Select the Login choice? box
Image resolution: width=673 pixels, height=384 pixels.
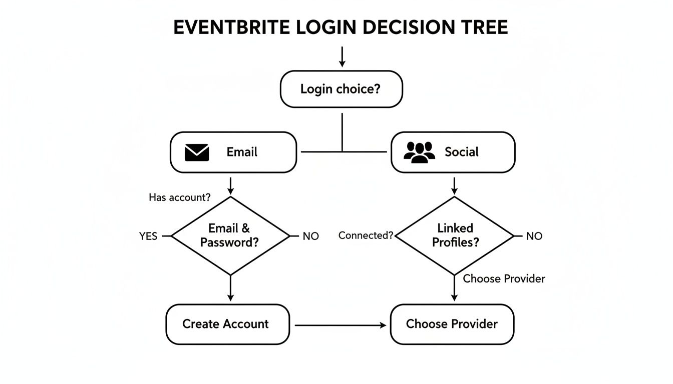(x=342, y=89)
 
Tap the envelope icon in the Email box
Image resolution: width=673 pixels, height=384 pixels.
(x=197, y=152)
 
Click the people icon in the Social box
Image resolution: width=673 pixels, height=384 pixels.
(x=419, y=152)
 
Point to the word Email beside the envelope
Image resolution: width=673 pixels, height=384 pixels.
(x=242, y=152)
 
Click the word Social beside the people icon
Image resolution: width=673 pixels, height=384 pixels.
(x=461, y=152)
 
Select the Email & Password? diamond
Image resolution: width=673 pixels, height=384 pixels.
(x=230, y=235)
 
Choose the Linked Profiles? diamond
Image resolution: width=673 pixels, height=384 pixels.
(x=455, y=235)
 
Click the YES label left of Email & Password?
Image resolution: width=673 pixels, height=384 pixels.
(x=148, y=236)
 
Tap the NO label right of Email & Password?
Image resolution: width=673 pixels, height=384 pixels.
(x=310, y=236)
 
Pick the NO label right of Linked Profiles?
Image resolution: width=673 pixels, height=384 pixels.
(x=534, y=236)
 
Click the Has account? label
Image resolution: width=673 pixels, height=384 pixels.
(x=180, y=197)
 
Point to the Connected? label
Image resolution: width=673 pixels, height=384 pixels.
(x=366, y=235)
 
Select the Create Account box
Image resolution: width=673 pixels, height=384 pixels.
(x=227, y=324)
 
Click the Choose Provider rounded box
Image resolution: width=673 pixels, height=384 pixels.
(x=452, y=324)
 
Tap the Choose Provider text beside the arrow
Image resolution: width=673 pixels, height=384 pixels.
(x=504, y=278)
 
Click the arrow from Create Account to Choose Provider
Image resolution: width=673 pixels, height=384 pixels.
(x=341, y=325)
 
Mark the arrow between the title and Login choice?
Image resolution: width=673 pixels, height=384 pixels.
(x=342, y=56)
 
